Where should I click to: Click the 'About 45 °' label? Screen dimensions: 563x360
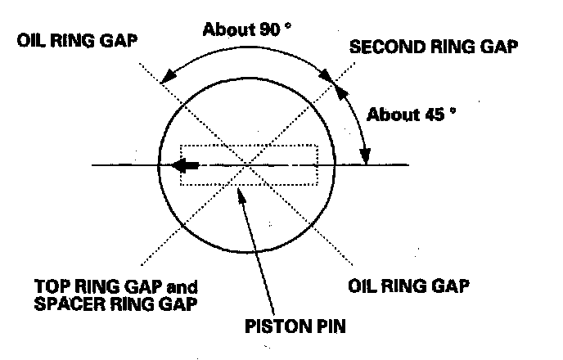click(408, 114)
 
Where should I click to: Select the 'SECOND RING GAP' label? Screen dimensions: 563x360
click(434, 47)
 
